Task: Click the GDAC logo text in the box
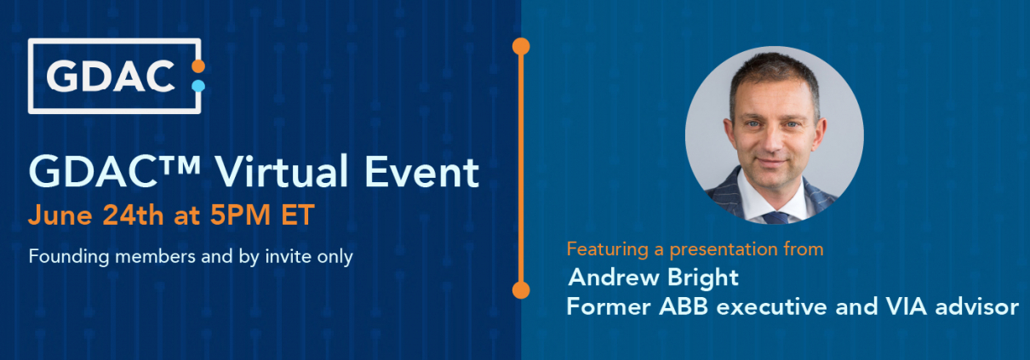111,76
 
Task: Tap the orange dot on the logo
198,66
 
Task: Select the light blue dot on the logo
198,86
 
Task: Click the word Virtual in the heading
282,171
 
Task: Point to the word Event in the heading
421,172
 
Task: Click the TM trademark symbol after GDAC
180,164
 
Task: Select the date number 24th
133,214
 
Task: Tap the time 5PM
240,214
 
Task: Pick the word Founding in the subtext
69,256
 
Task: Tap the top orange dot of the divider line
521,47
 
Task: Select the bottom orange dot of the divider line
521,290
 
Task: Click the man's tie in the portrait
775,218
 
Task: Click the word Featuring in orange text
608,249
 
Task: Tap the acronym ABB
684,306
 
